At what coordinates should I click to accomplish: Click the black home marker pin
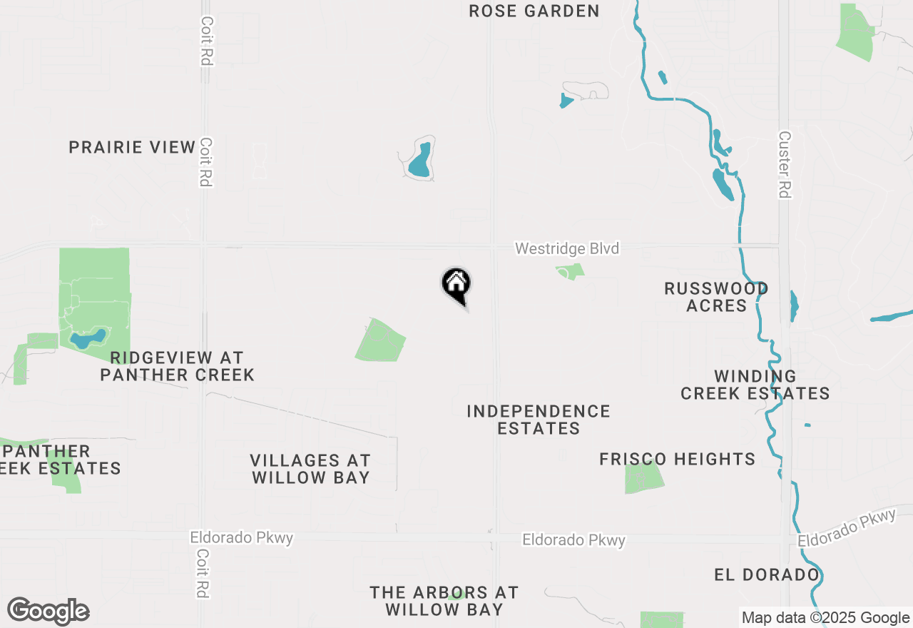pos(456,285)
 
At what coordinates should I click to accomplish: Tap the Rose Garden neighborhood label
pos(534,11)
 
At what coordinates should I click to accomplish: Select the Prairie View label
pos(132,148)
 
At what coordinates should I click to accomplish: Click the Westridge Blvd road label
pos(567,248)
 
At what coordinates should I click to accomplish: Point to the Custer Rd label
pos(785,164)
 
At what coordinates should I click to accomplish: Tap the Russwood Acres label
pos(716,297)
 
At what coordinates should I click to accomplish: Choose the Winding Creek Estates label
pos(755,385)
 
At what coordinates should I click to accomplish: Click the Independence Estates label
pos(539,420)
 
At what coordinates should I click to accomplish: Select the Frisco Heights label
pos(677,459)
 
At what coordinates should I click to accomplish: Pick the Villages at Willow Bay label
pos(310,469)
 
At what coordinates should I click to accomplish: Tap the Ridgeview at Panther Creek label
pos(177,366)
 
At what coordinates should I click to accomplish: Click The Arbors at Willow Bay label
pos(444,601)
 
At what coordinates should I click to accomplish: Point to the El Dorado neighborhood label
pos(766,575)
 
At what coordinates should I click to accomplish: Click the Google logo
pos(49,611)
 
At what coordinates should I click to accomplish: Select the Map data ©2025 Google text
pos(825,618)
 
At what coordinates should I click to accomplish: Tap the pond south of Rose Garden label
pos(420,161)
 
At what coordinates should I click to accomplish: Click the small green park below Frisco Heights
pos(643,477)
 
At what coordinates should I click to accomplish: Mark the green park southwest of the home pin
pos(380,340)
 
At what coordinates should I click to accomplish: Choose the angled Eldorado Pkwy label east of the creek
pos(847,528)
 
